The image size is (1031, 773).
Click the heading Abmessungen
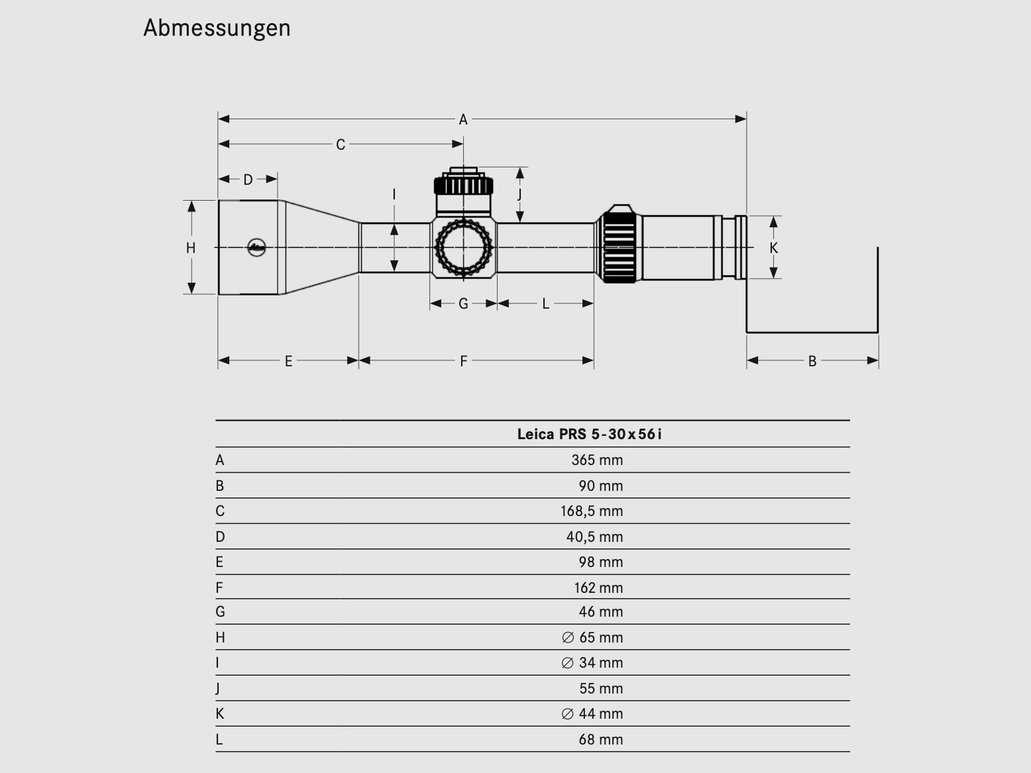point(217,28)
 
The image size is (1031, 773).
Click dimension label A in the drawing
point(463,119)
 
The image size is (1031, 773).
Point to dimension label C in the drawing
point(340,144)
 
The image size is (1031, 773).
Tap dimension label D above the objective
point(248,180)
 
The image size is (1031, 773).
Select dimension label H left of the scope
point(191,248)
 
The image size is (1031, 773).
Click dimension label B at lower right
point(812,361)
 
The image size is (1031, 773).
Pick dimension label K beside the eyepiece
point(773,248)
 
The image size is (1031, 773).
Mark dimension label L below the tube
point(545,303)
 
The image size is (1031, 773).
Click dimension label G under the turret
point(463,303)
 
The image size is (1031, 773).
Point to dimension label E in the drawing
point(288,361)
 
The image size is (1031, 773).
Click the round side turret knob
point(463,247)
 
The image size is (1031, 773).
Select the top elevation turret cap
point(463,182)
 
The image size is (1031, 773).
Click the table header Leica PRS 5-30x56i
point(589,434)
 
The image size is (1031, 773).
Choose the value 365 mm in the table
point(597,460)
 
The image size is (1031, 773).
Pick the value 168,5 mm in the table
point(592,511)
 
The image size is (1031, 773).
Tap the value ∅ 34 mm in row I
point(592,662)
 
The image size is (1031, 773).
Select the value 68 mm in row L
point(600,739)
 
